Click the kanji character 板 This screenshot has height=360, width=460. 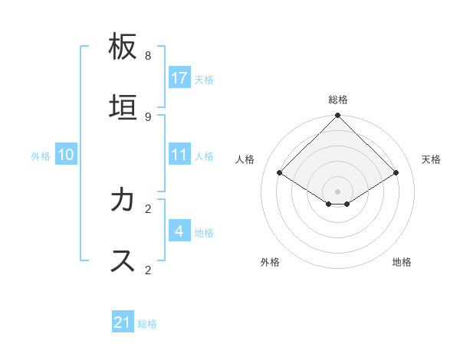pos(123,47)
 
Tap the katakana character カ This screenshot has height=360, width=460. pos(123,200)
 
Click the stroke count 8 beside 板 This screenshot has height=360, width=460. pos(148,56)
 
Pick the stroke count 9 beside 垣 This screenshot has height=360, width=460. pos(148,116)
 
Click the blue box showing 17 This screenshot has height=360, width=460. pos(179,78)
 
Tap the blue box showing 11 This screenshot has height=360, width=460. pos(179,155)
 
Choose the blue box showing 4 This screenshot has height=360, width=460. pos(179,231)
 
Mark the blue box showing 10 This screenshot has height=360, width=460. pos(66,155)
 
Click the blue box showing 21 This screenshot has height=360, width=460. pos(123,322)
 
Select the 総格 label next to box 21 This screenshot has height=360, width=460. pos(147,324)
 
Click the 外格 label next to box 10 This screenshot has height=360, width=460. pos(41,156)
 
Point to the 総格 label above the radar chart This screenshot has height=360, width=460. pos(338,100)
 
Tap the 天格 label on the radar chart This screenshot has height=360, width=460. pos(431,159)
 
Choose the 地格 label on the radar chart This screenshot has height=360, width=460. pos(402,262)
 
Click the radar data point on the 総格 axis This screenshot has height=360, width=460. pos(338,116)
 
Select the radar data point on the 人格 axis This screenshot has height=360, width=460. pos(279,173)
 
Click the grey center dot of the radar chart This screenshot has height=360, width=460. pos(338,191)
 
